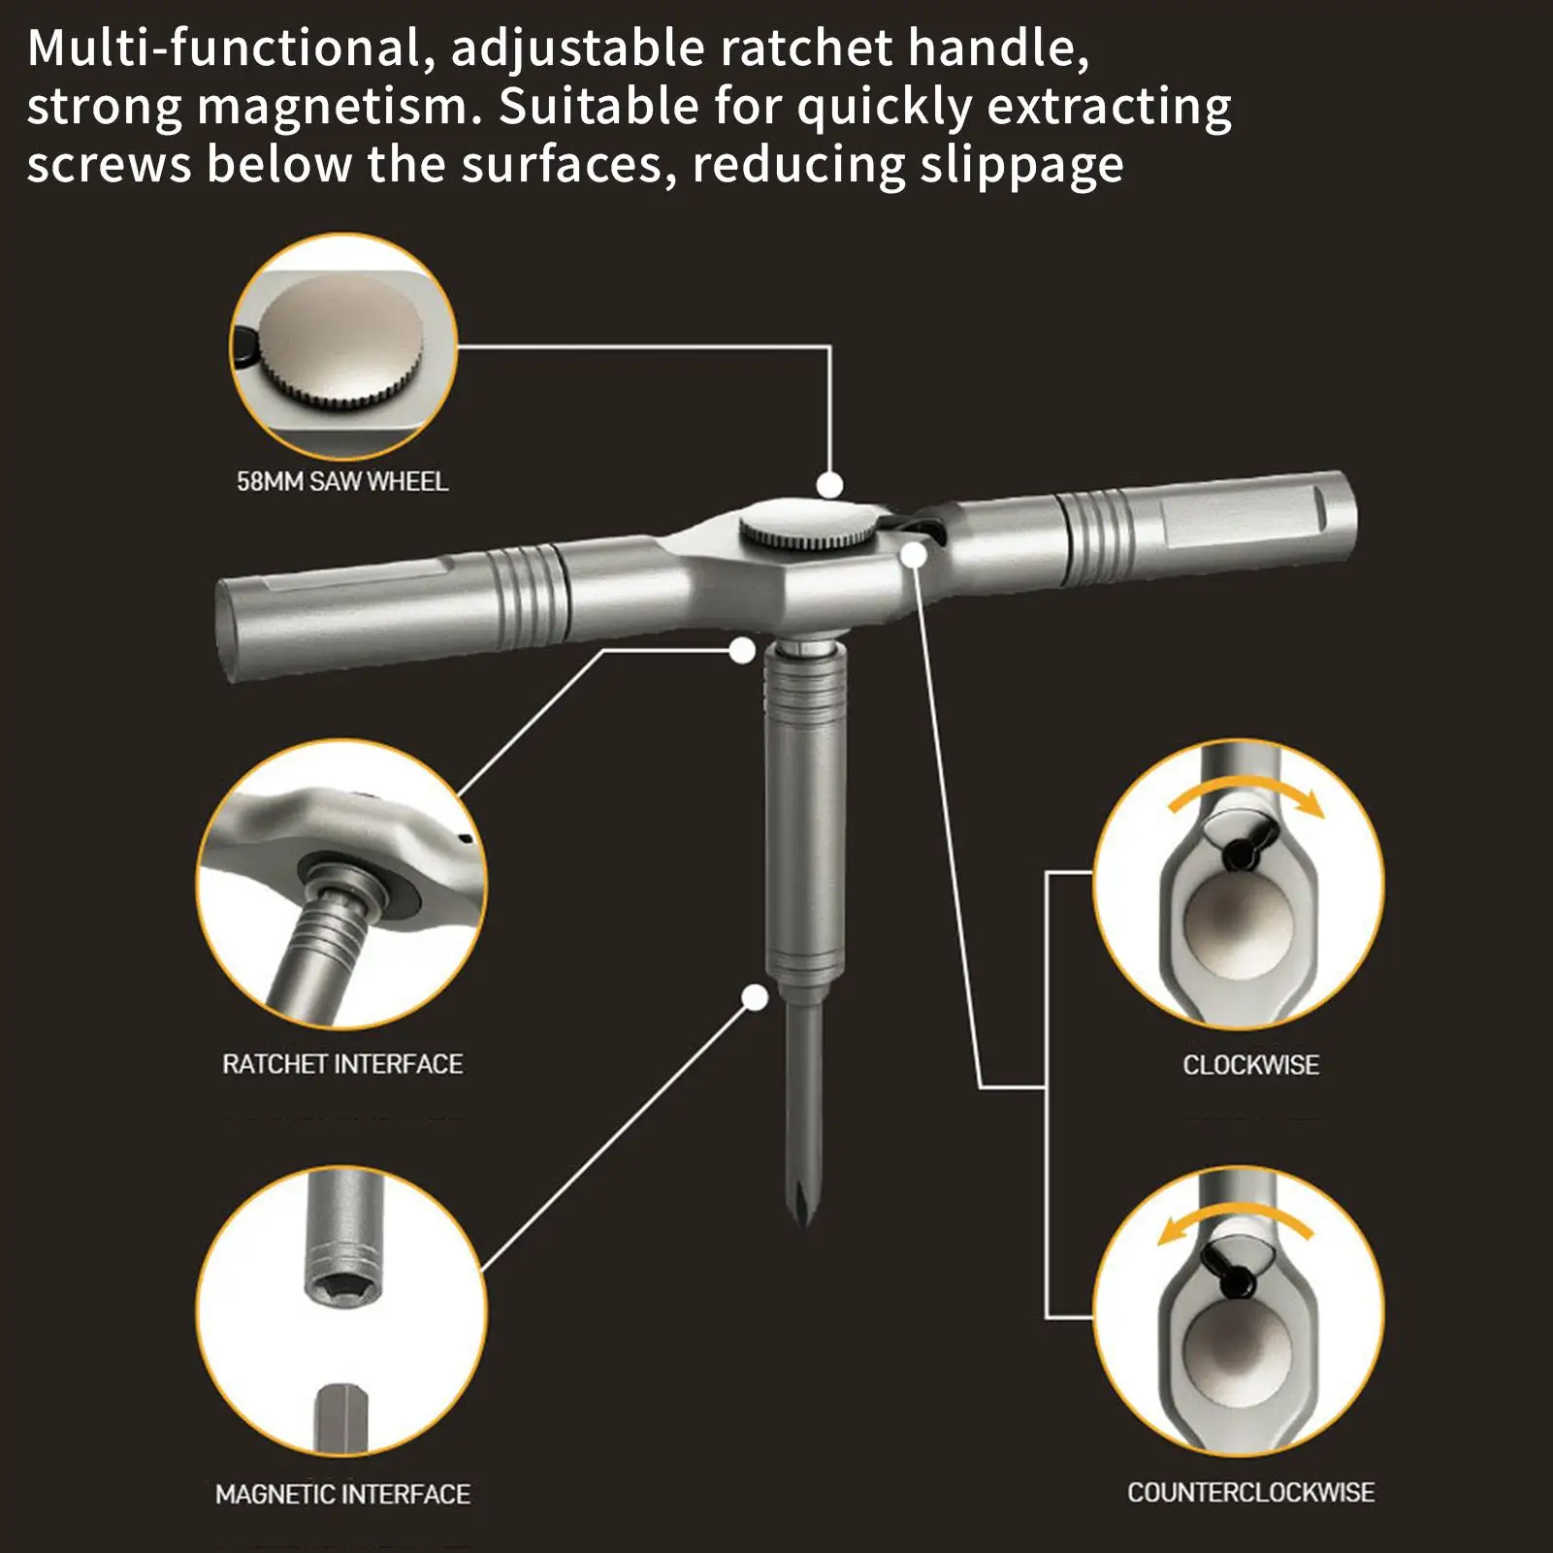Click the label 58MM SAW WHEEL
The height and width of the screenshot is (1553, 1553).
(342, 481)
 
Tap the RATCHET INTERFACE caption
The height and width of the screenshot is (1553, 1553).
(342, 1064)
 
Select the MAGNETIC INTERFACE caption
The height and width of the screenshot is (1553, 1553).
(342, 1494)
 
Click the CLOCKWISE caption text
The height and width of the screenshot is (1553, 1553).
(1250, 1065)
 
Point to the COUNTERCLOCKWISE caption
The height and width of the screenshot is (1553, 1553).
(1250, 1492)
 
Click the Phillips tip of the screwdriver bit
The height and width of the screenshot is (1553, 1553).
(802, 1203)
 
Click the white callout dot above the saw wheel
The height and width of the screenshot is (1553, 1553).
(829, 484)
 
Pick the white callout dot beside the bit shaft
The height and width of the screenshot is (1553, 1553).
(755, 996)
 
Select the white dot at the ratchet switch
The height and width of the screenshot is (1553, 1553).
(914, 555)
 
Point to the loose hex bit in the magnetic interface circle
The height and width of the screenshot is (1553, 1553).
(341, 1418)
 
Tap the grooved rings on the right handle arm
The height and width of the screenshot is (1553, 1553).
(1097, 536)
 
